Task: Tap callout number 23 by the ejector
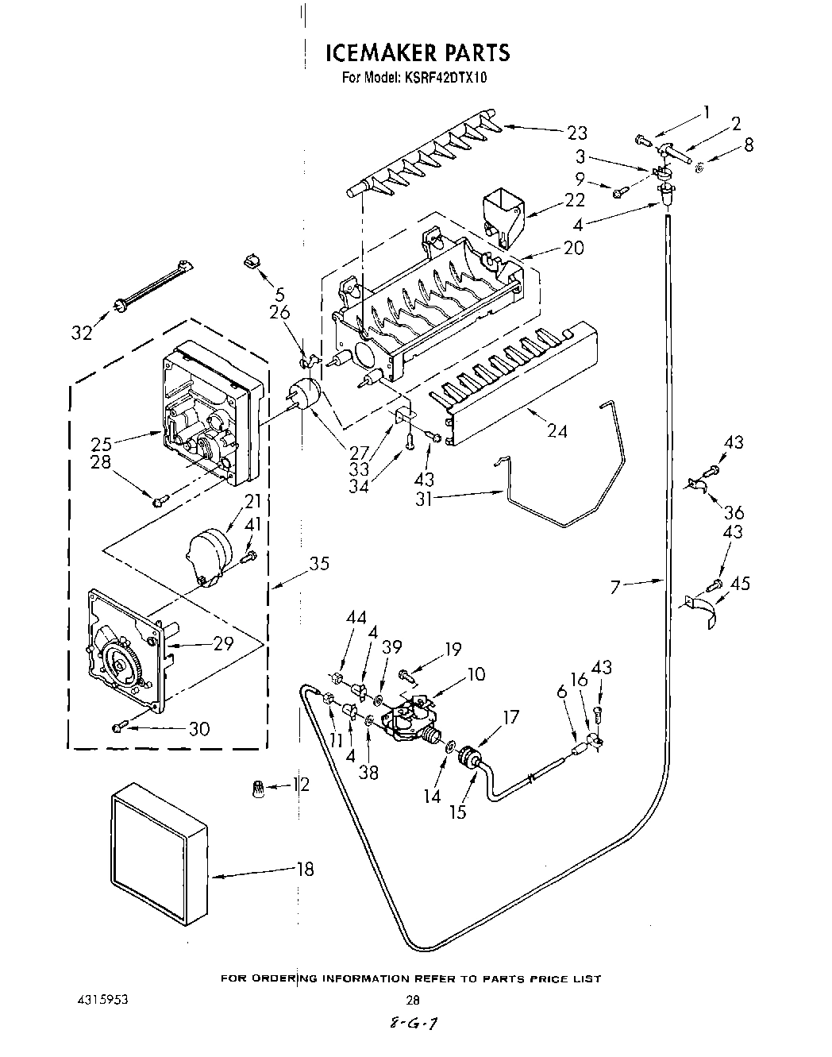coord(577,132)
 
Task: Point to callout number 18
coord(304,869)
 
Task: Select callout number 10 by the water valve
coord(476,675)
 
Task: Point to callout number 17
coord(510,717)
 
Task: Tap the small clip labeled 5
coord(252,260)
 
